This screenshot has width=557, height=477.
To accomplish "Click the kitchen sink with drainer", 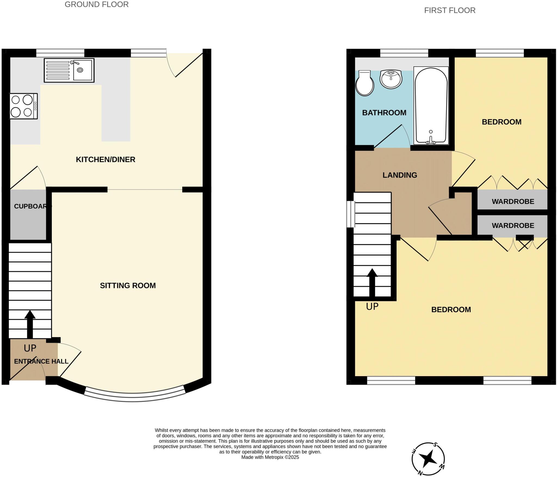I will [x=69, y=70].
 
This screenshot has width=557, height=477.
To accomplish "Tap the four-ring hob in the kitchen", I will [x=23, y=106].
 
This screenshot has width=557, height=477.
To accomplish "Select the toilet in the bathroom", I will [x=365, y=83].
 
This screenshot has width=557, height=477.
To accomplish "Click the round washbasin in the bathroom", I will [x=391, y=79].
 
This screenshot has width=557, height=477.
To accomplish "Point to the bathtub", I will [x=431, y=106].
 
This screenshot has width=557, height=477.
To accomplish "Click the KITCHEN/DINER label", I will [x=106, y=159].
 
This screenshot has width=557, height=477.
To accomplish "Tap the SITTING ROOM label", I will [x=128, y=285].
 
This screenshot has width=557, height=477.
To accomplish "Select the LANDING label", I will [x=400, y=175].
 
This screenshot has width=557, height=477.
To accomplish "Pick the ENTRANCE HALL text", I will [x=41, y=361].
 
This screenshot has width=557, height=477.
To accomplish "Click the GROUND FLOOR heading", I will [x=97, y=4].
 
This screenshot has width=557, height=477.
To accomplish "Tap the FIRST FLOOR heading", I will [x=450, y=10].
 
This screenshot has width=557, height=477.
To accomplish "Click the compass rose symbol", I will [x=428, y=459].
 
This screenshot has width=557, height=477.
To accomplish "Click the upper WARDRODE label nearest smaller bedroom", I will [x=513, y=201].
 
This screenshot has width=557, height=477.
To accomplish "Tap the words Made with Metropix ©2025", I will [x=270, y=457].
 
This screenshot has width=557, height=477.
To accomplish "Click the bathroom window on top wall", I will [x=404, y=53].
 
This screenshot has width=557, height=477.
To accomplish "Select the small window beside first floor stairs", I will [x=351, y=214].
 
